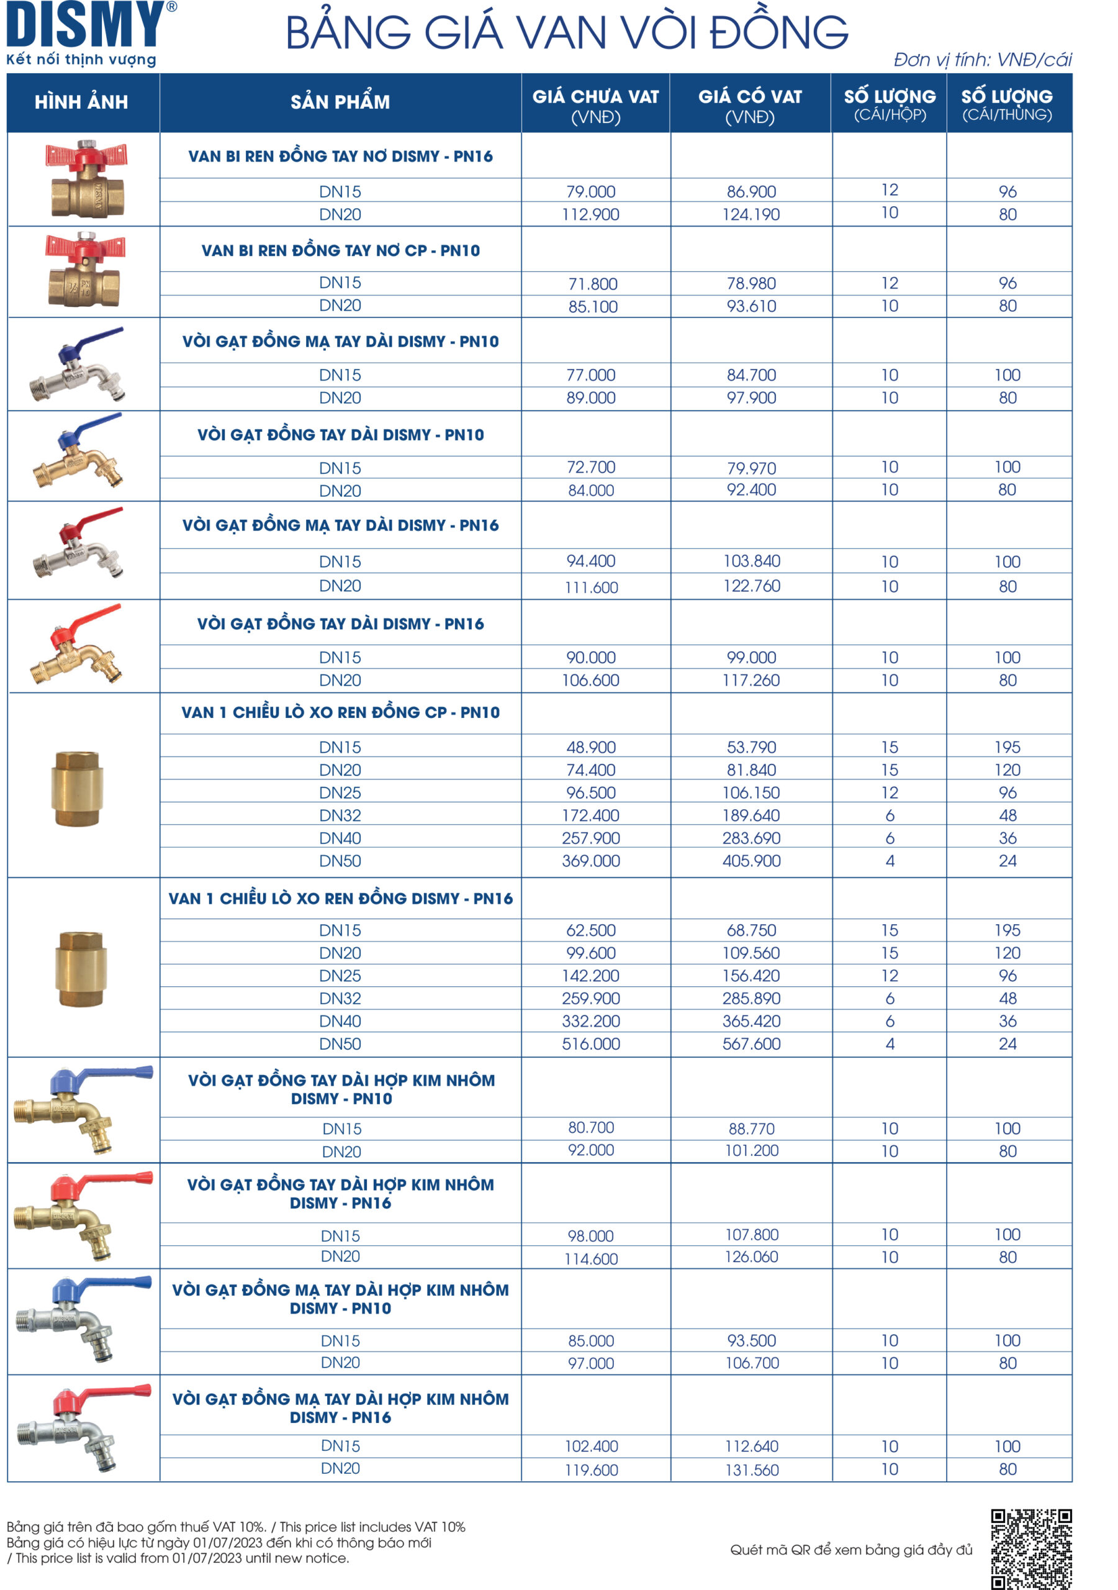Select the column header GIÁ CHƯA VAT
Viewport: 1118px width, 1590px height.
point(595,97)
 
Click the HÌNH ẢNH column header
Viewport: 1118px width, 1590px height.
point(82,102)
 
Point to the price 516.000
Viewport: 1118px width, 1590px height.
point(590,1043)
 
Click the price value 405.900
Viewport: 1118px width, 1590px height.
point(751,861)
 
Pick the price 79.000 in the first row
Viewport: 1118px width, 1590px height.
point(590,191)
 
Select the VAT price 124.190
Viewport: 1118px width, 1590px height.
point(751,215)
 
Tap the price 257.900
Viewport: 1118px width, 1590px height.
point(590,838)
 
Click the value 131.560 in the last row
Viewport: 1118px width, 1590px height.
point(752,1470)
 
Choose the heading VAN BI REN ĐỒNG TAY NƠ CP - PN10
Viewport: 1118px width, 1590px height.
point(340,250)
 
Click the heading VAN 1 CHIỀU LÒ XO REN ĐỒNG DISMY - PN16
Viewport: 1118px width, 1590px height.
point(340,898)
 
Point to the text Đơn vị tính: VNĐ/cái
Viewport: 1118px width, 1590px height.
point(982,60)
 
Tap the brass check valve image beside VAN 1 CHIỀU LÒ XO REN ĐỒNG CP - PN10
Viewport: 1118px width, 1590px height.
point(78,788)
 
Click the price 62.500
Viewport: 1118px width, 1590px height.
point(590,930)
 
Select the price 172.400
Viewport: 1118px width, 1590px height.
point(590,815)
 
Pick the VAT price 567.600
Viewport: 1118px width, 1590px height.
point(751,1043)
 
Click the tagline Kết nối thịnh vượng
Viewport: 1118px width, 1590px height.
point(81,60)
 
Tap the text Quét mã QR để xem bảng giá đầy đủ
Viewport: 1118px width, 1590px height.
point(851,1550)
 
